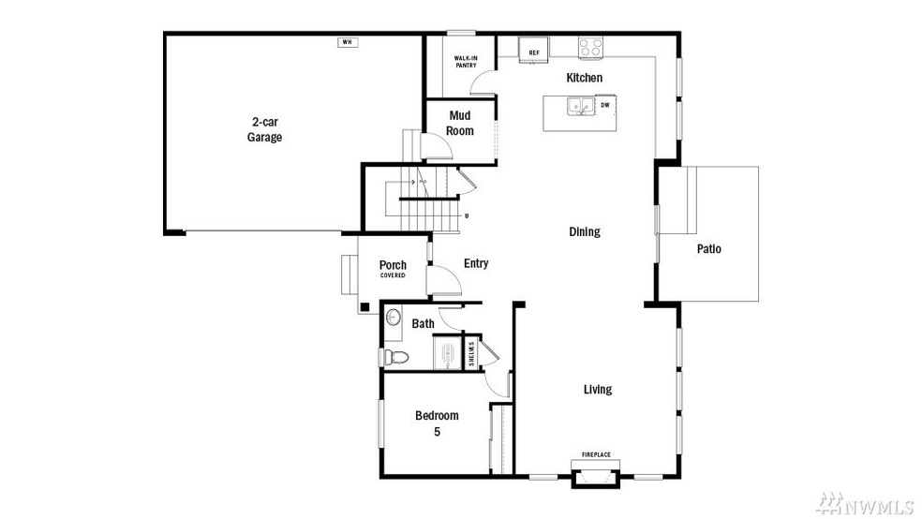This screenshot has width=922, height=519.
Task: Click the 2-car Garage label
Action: coord(264,129)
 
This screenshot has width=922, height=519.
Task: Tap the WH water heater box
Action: coord(347,42)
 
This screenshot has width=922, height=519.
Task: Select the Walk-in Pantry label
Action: coord(466,62)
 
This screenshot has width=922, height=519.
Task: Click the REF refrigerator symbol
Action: coord(535,52)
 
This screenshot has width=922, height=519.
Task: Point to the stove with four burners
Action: coord(589,46)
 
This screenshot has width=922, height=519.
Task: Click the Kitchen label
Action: coord(584,78)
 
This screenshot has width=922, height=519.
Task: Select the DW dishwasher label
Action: coord(605,106)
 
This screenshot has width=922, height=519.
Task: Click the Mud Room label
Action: coord(459,123)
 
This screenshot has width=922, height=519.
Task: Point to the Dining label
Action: coord(584,231)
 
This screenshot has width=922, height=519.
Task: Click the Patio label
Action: coord(708,249)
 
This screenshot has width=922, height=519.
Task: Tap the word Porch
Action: coord(393,265)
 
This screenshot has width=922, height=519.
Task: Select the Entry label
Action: coord(476,263)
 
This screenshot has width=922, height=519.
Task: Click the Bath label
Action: coord(424,324)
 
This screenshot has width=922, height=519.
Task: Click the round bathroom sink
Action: coord(394,317)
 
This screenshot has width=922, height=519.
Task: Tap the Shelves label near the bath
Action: coord(471,353)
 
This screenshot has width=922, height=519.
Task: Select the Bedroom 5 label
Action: coord(437,423)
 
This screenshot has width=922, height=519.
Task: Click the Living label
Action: coord(598,389)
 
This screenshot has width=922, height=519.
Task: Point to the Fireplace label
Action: coord(596,455)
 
